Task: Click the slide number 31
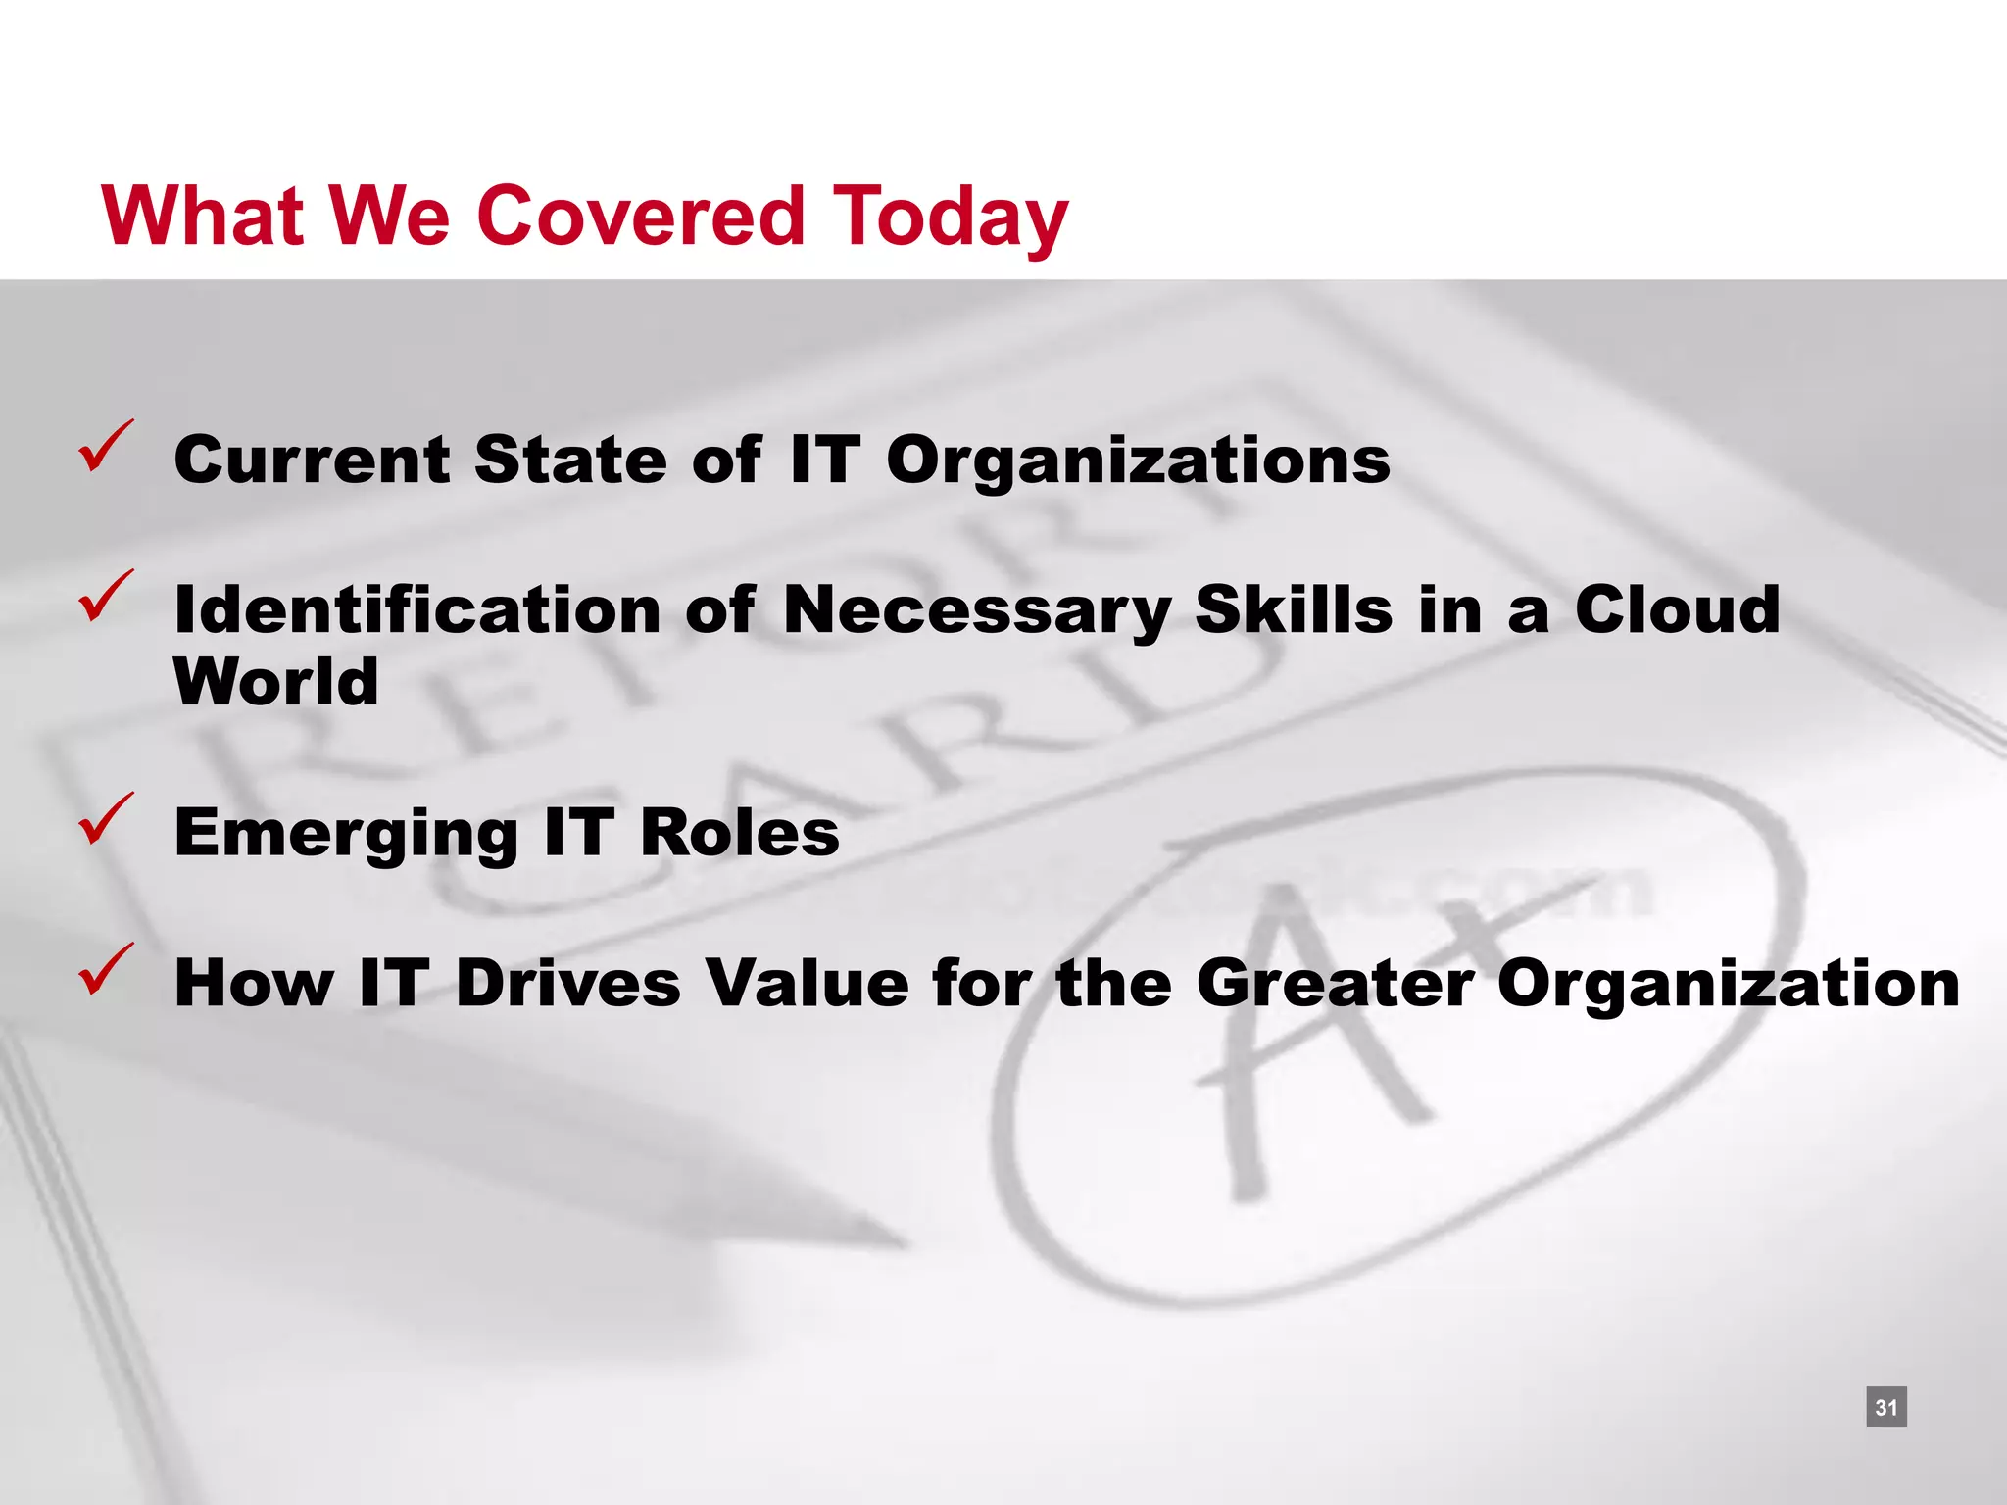tap(1885, 1407)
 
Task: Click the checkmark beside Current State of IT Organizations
tap(106, 448)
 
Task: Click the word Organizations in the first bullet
tap(1138, 461)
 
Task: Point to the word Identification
tap(416, 609)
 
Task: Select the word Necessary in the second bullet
tap(976, 611)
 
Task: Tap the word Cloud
tap(1677, 609)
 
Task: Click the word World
tap(275, 682)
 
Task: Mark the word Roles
tap(740, 833)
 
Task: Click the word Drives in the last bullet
tap(568, 983)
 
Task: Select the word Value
tap(808, 983)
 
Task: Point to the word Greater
tap(1335, 983)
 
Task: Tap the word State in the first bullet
tap(570, 461)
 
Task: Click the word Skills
tap(1293, 609)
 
